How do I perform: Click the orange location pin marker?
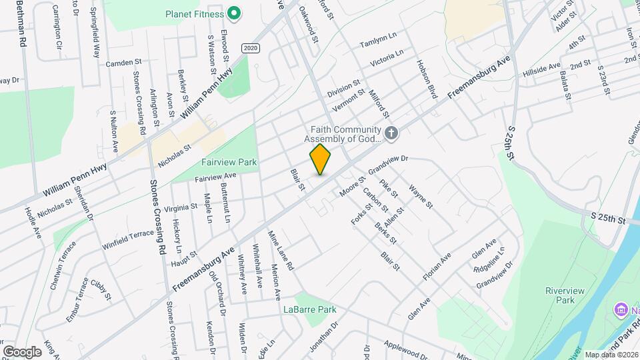tap(321, 159)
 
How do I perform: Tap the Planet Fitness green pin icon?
tap(234, 13)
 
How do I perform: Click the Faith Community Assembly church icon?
tap(391, 134)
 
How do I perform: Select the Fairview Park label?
tap(229, 162)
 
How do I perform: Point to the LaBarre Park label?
tap(309, 309)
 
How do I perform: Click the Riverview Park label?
tap(560, 295)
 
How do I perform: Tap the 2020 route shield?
tap(250, 48)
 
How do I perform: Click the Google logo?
tap(22, 351)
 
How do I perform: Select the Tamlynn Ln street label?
tap(378, 43)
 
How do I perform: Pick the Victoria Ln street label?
tap(387, 57)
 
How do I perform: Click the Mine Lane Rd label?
tap(281, 250)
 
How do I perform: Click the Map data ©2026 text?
tap(610, 355)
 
